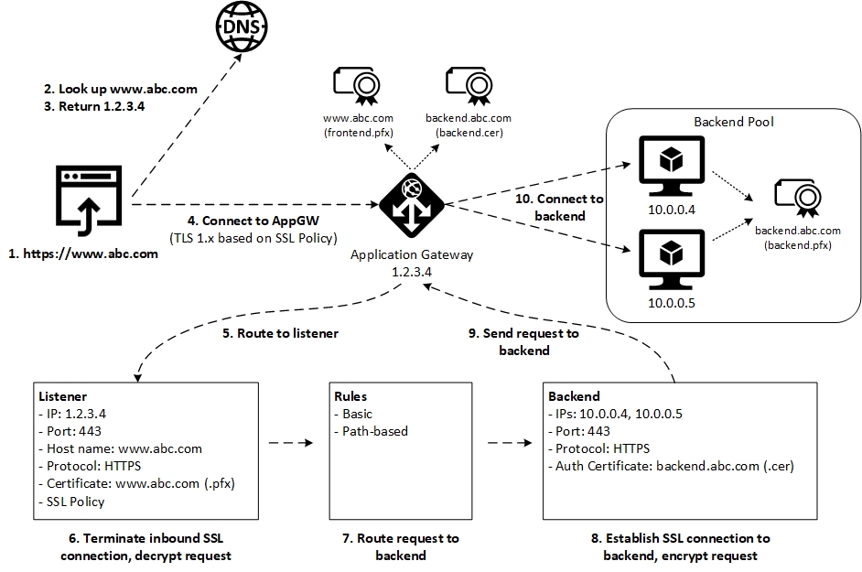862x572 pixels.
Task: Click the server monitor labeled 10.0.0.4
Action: tap(672, 165)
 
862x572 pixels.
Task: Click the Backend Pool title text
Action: tap(733, 122)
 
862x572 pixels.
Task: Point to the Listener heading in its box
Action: tap(63, 396)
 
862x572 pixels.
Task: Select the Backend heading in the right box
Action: tap(574, 396)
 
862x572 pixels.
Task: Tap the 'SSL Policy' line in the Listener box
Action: tap(71, 502)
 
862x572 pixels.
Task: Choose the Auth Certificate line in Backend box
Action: tap(671, 466)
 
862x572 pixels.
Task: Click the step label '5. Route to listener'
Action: tap(280, 333)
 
